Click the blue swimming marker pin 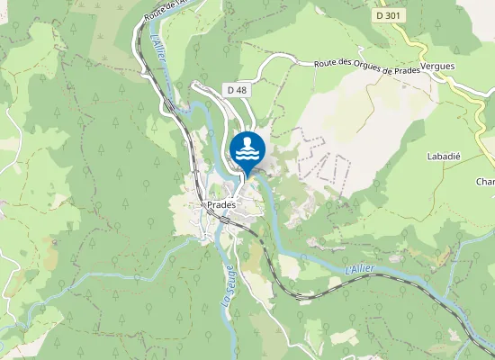[247, 149]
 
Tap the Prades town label [221, 204]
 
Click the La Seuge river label [228, 286]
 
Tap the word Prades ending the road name [407, 67]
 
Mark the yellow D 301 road [422, 45]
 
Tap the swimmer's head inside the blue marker [247, 141]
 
